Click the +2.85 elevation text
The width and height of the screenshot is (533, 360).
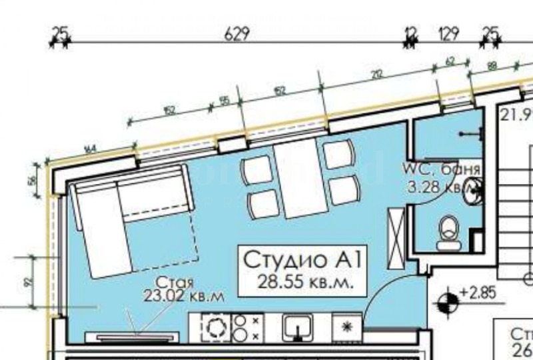(474, 293)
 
